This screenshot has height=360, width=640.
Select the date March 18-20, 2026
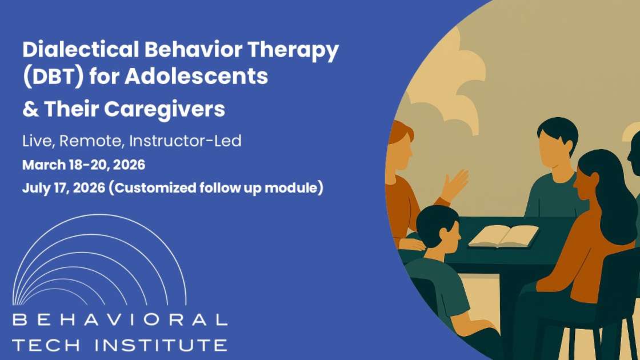[x=83, y=165]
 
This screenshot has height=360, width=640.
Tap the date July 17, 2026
[x=63, y=188]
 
